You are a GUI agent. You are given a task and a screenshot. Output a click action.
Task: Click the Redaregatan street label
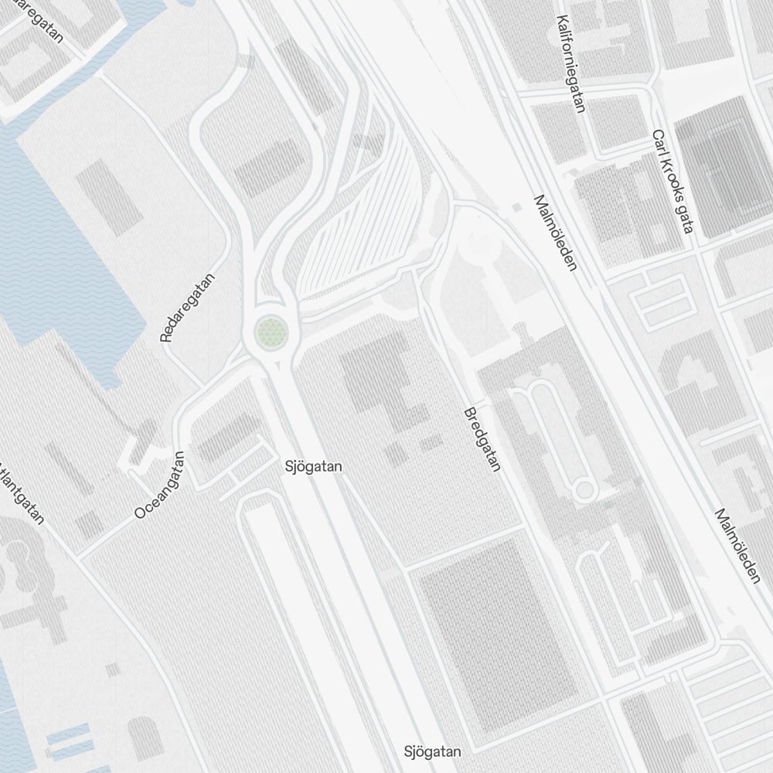pyautogui.click(x=187, y=308)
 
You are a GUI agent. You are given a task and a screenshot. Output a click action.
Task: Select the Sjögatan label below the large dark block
pyautogui.click(x=433, y=751)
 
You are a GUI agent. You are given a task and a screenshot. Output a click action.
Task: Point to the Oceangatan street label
pyautogui.click(x=160, y=485)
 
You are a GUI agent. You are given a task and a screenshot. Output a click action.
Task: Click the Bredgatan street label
pyautogui.click(x=482, y=440)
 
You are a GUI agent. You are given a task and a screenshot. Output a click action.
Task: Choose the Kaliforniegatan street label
pyautogui.click(x=571, y=65)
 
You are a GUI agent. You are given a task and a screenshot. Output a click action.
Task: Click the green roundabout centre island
pyautogui.click(x=271, y=333)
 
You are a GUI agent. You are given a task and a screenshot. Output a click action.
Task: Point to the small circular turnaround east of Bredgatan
pyautogui.click(x=584, y=489)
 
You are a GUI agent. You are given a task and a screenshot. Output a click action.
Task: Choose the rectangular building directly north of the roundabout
pyautogui.click(x=267, y=167)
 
